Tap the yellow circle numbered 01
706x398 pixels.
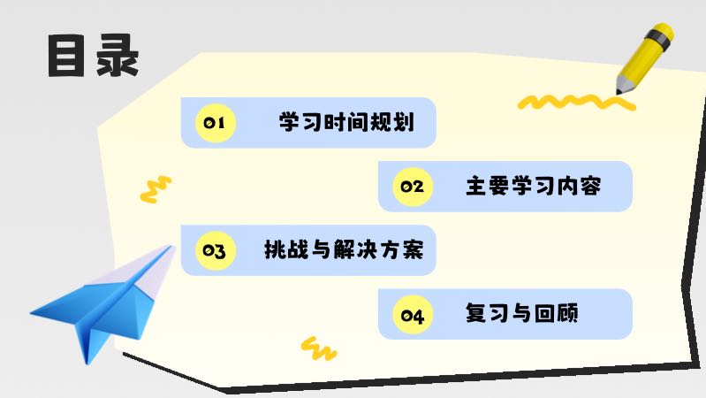click(x=214, y=123)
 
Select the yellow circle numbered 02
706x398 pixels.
click(x=412, y=187)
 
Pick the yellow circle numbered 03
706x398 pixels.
click(x=214, y=251)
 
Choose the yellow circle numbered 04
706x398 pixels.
click(x=412, y=315)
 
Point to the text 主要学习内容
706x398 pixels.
click(x=533, y=187)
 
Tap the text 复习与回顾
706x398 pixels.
click(x=521, y=315)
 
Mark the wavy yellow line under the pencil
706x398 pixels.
click(x=574, y=102)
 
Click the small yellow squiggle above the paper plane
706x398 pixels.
click(x=156, y=188)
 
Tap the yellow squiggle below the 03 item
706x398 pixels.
click(x=318, y=347)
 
